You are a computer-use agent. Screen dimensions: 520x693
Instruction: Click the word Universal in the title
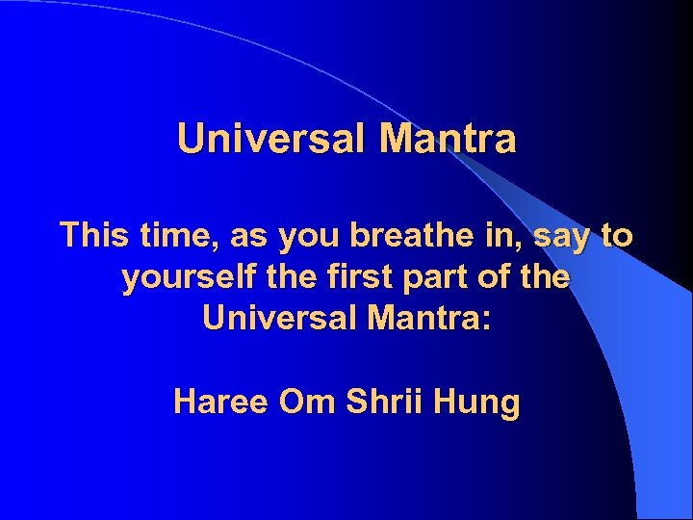pyautogui.click(x=272, y=140)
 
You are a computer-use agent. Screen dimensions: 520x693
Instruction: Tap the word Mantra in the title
pyautogui.click(x=448, y=140)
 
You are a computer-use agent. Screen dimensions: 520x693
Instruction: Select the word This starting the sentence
pyautogui.click(x=93, y=235)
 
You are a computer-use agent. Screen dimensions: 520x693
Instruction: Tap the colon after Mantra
pyautogui.click(x=487, y=321)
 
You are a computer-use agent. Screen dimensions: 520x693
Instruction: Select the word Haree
pyautogui.click(x=221, y=401)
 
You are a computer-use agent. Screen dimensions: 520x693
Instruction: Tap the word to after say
pyautogui.click(x=615, y=235)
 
